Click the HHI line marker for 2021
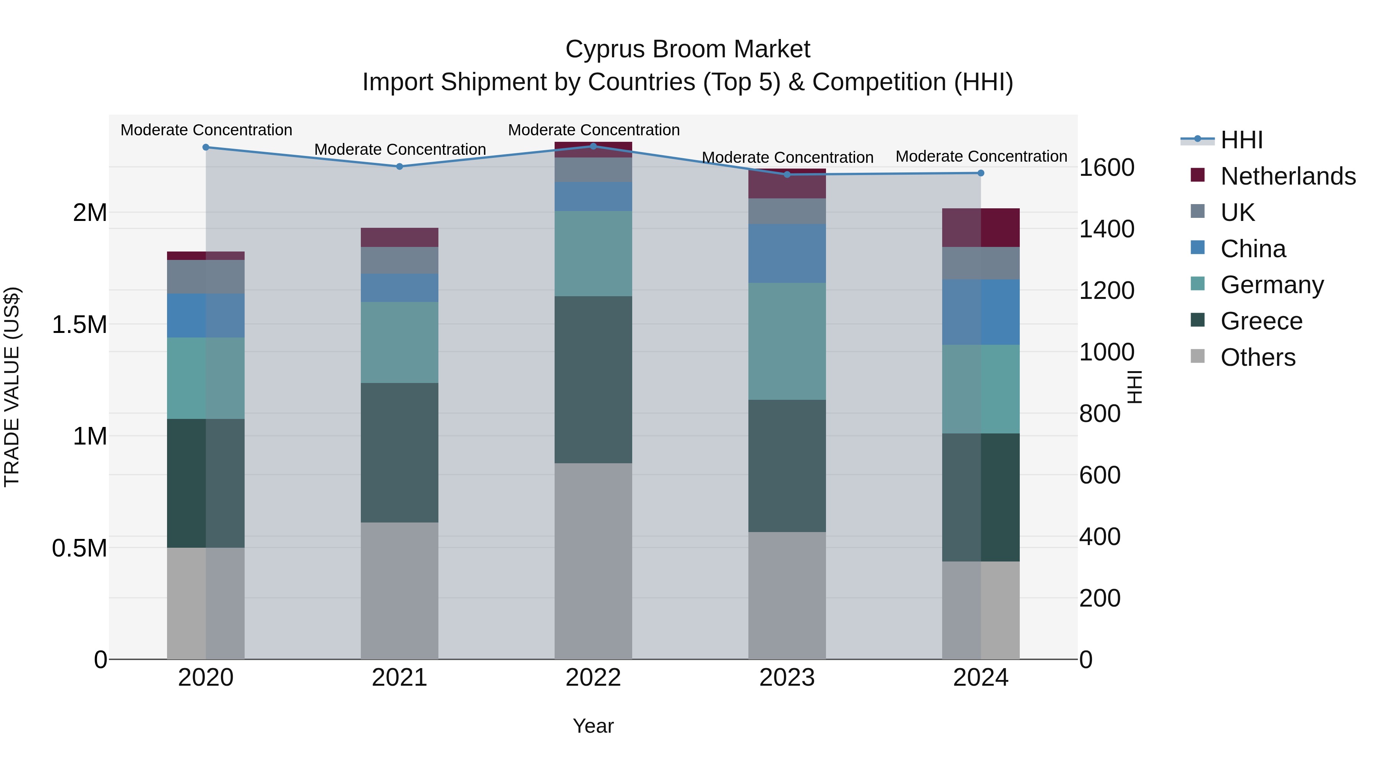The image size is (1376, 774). pyautogui.click(x=399, y=166)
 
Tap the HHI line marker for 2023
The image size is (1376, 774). pyautogui.click(x=787, y=174)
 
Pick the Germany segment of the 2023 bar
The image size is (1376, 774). pyautogui.click(x=787, y=341)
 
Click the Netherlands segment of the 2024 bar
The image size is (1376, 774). pyautogui.click(x=981, y=227)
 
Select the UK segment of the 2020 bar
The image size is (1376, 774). pyautogui.click(x=206, y=277)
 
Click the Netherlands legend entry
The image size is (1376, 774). pyautogui.click(x=1287, y=176)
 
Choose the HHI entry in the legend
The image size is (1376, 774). pyautogui.click(x=1241, y=140)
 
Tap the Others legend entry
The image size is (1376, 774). pyautogui.click(x=1258, y=357)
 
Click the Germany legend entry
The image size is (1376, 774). pyautogui.click(x=1271, y=285)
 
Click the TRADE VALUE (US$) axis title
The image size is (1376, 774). pyautogui.click(x=12, y=387)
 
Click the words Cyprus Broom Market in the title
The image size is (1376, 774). pyautogui.click(x=688, y=49)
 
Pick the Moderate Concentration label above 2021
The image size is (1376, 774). pyautogui.click(x=399, y=149)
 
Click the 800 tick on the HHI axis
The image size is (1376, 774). pyautogui.click(x=1100, y=414)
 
